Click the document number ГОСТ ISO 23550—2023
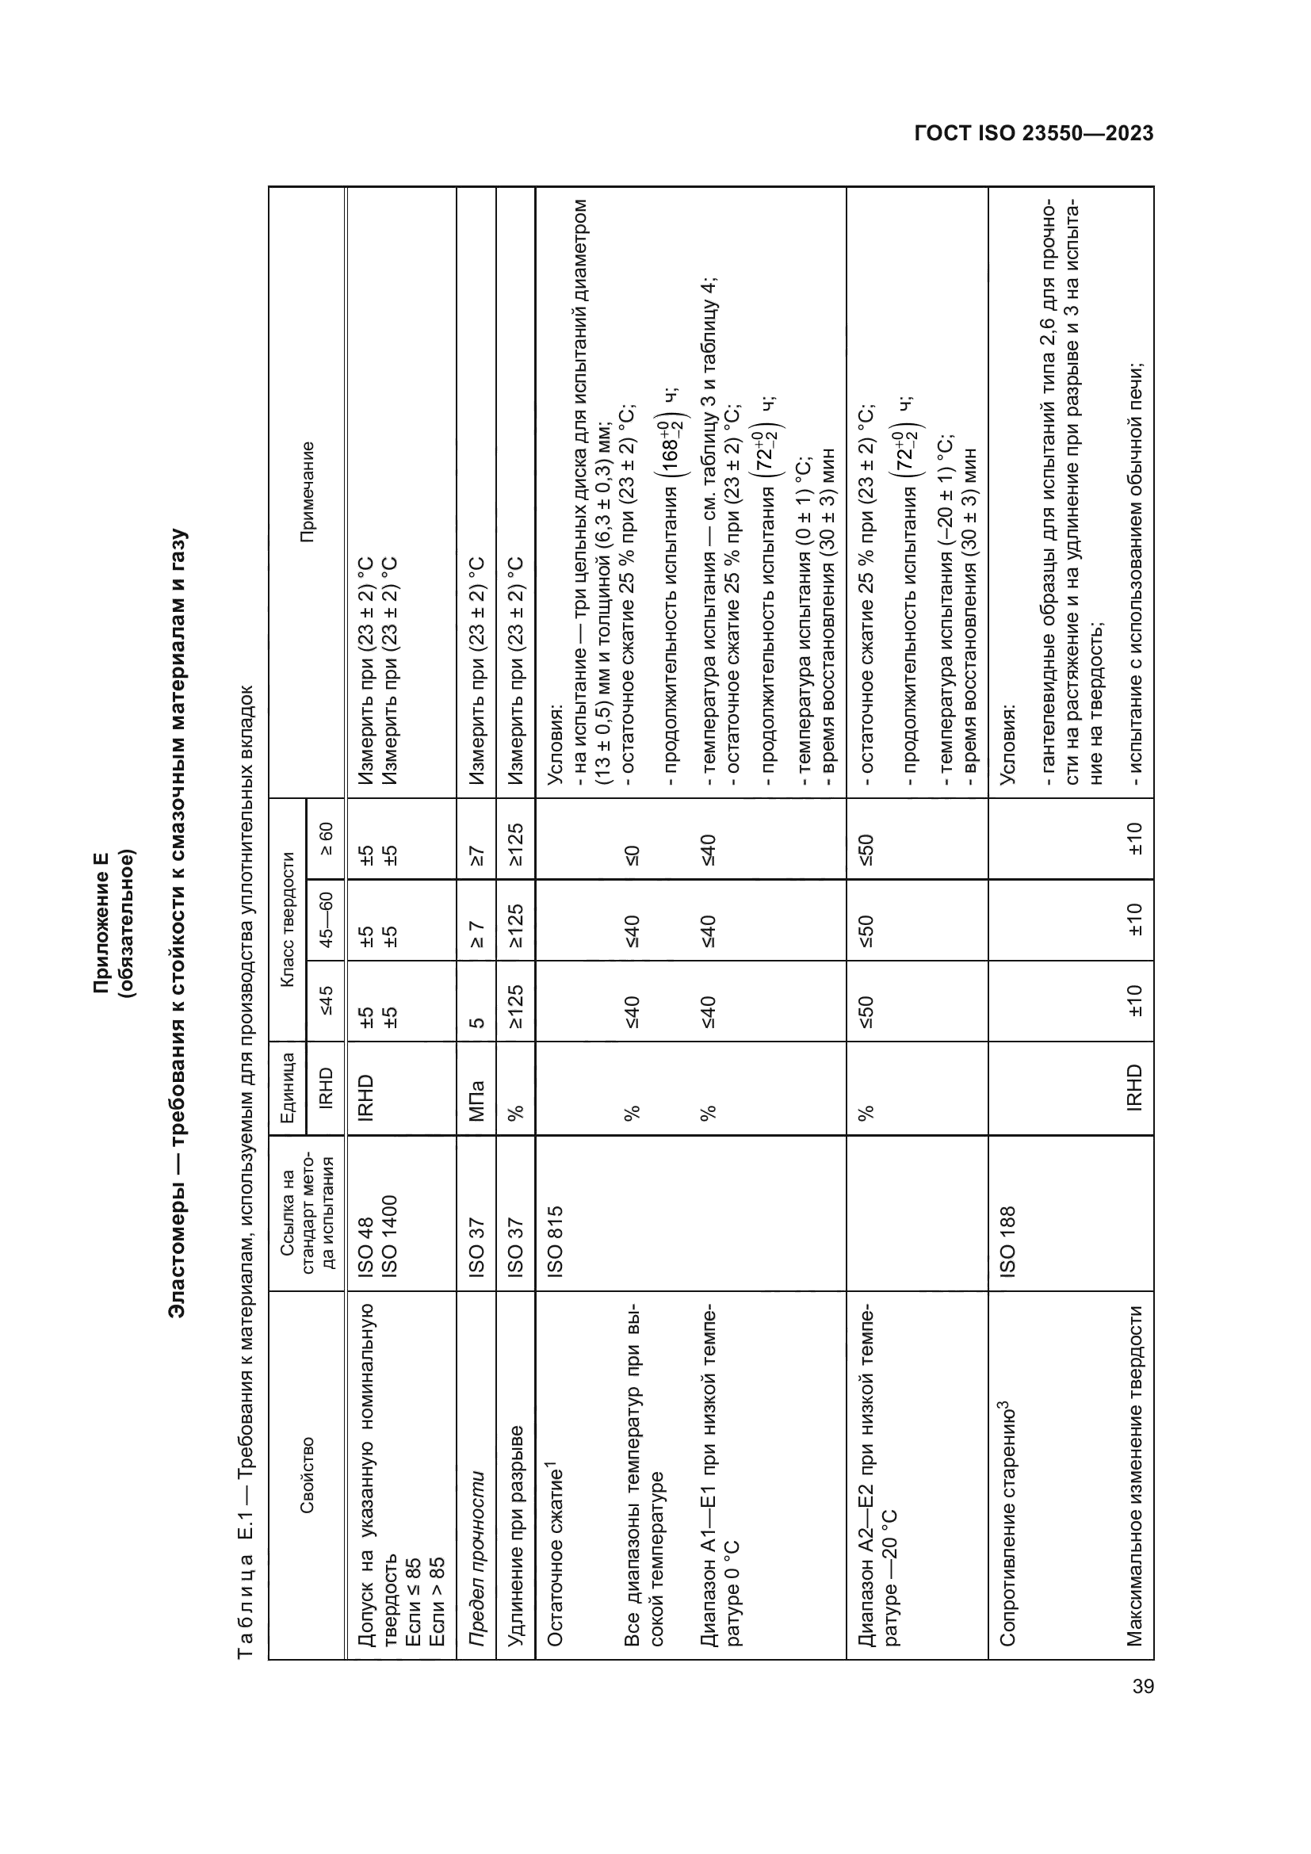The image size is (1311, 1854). (x=1034, y=133)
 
